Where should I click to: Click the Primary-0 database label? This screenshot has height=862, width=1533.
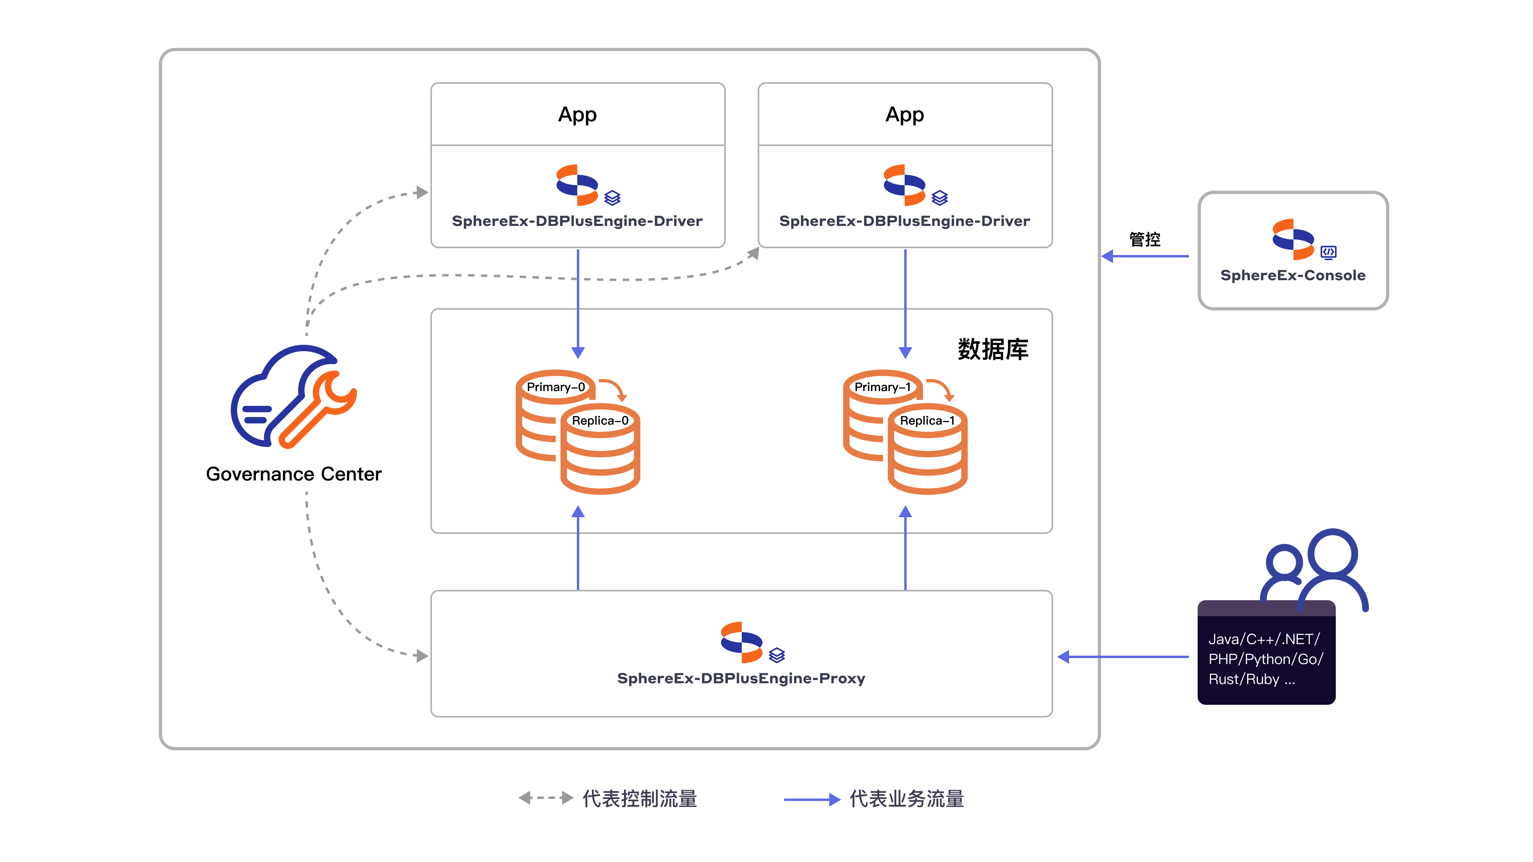[x=555, y=387]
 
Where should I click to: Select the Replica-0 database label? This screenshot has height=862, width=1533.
[x=600, y=421]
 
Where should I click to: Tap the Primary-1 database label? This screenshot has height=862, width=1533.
[x=883, y=387]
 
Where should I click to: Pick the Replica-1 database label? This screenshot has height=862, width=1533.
[x=927, y=421]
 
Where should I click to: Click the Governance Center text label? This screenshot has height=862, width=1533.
[x=293, y=474]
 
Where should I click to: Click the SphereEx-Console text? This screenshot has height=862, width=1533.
[x=1293, y=275]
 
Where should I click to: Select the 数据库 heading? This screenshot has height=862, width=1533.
[x=992, y=349]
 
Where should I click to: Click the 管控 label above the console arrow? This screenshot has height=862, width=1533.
[x=1145, y=239]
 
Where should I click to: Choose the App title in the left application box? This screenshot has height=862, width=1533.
[x=577, y=114]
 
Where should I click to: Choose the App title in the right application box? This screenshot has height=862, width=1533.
[x=905, y=114]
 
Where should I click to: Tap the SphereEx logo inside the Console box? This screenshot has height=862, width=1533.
[x=1293, y=239]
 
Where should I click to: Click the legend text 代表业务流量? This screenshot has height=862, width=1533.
[x=906, y=799]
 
